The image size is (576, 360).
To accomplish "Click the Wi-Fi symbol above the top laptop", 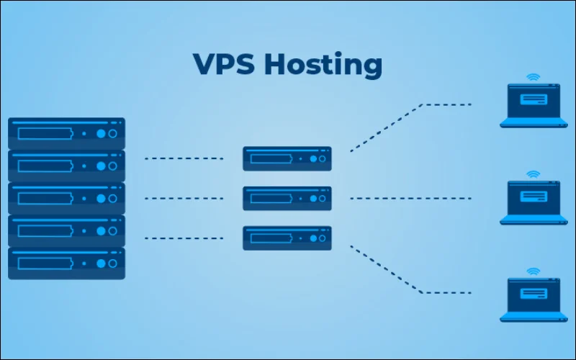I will click(533, 76).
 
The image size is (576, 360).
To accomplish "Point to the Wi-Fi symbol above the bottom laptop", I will click(533, 271).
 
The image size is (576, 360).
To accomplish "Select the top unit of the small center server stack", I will click(287, 158).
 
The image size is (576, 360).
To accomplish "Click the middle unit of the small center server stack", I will click(287, 198).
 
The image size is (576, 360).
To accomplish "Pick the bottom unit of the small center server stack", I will click(287, 238).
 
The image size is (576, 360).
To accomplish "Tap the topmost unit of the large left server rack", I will click(66, 133).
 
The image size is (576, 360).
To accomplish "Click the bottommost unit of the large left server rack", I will click(66, 263).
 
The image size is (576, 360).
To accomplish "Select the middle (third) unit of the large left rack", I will click(66, 198).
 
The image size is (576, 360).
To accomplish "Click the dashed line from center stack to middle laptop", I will click(410, 198).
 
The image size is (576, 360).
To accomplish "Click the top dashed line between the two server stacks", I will click(184, 158).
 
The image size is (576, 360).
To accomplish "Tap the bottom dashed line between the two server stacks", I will click(184, 238).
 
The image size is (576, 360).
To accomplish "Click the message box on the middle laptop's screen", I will click(533, 196).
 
